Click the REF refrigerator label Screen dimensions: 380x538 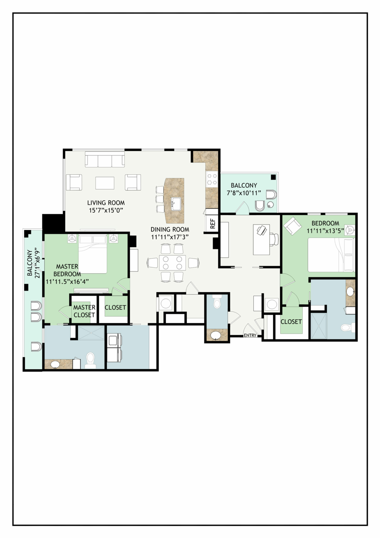click(212, 223)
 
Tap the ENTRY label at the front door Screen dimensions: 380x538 click(250, 335)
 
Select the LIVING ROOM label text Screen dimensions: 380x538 click(106, 203)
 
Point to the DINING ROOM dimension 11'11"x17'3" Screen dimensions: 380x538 click(170, 237)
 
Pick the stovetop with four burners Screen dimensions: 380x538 click(212, 179)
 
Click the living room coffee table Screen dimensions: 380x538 click(105, 183)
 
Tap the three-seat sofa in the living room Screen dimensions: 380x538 click(105, 159)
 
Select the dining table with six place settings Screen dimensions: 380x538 click(172, 263)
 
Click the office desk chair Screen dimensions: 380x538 click(274, 239)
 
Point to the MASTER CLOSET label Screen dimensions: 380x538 click(84, 311)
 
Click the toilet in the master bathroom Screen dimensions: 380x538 click(90, 360)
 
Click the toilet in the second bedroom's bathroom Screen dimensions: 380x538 click(347, 327)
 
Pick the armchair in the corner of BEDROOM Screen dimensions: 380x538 click(293, 226)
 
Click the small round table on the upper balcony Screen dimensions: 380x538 click(270, 205)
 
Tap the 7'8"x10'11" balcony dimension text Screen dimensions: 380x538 click(244, 193)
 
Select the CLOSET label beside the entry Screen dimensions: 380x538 click(291, 322)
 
